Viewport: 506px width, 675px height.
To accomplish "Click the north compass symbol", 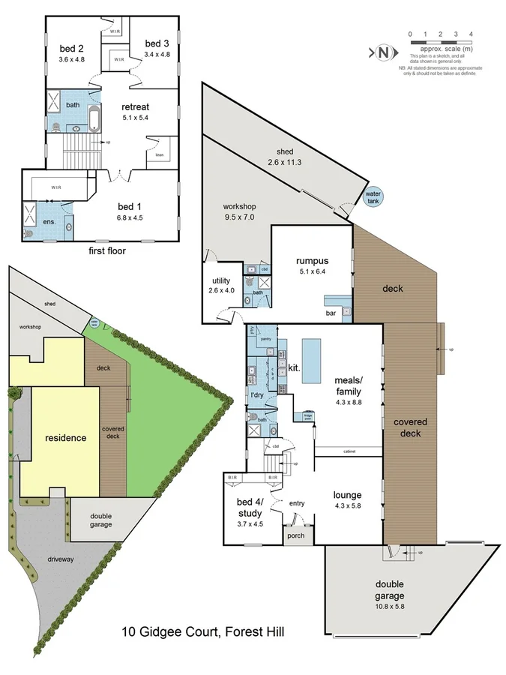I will pyautogui.click(x=384, y=52).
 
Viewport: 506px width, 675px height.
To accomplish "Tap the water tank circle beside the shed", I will pyautogui.click(x=373, y=196).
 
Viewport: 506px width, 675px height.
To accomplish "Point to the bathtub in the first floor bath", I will pyautogui.click(x=93, y=118).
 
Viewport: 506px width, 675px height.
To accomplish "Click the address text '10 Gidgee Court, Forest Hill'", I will pyautogui.click(x=203, y=632).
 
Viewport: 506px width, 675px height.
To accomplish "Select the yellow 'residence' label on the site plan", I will pyautogui.click(x=67, y=438).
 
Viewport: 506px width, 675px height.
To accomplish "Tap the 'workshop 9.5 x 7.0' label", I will pyautogui.click(x=240, y=211).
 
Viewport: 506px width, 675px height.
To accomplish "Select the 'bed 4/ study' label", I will pyautogui.click(x=250, y=508).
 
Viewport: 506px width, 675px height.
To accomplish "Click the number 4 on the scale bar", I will pyautogui.click(x=470, y=34).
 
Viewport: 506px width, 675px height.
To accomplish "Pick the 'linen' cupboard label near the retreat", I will pyautogui.click(x=159, y=155).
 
